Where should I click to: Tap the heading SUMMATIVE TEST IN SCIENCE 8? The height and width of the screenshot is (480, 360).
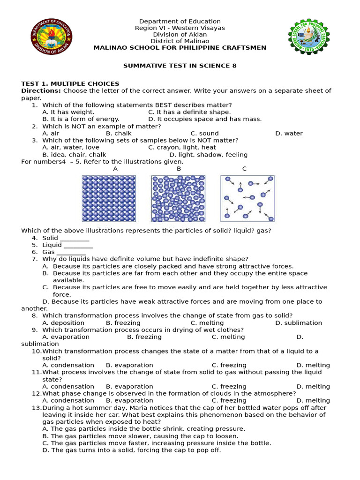coord(180,66)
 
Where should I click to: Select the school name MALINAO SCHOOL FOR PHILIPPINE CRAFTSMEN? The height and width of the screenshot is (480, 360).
coord(180,48)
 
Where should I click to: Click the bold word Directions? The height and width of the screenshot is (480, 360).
coord(41,91)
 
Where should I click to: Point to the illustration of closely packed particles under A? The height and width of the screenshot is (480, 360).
coord(109,198)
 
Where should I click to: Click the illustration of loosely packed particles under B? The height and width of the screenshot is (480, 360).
coord(178,198)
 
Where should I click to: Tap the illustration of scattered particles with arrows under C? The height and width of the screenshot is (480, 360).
coord(247,198)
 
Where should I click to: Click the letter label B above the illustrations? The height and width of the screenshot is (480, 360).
coord(179,169)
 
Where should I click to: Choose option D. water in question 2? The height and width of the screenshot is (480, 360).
coord(289,134)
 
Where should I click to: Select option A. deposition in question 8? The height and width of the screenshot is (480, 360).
coord(63,323)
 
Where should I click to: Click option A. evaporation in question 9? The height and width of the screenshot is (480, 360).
coord(66,337)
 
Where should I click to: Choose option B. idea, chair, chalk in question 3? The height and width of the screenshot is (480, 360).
coord(74,155)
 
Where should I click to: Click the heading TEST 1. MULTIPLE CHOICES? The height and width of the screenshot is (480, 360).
coord(70,84)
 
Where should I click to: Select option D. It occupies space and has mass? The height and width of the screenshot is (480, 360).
coord(205,119)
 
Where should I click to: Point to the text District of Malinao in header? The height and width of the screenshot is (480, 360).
coord(180,41)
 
